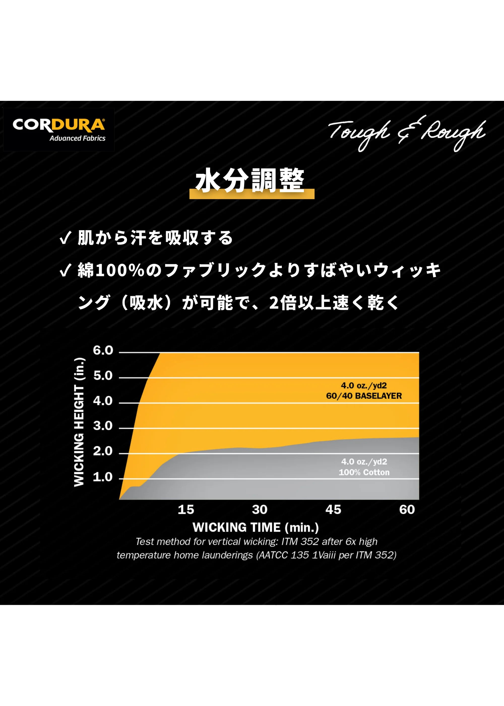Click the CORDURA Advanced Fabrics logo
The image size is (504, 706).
(59, 129)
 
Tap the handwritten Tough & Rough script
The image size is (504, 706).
(406, 133)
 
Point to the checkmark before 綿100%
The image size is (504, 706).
(66, 270)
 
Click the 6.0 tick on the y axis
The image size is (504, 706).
(103, 350)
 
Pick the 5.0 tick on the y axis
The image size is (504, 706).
(103, 376)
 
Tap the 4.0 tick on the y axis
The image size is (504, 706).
(103, 401)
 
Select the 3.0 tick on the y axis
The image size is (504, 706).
(103, 426)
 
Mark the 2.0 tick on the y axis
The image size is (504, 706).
(103, 451)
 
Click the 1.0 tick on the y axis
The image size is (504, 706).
(103, 477)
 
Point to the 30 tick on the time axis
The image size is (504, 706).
(260, 510)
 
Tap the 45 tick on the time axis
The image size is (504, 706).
(333, 510)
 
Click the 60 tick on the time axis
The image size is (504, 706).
(407, 510)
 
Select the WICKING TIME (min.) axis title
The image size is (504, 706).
(256, 527)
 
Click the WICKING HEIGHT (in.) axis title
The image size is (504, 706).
(79, 422)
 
